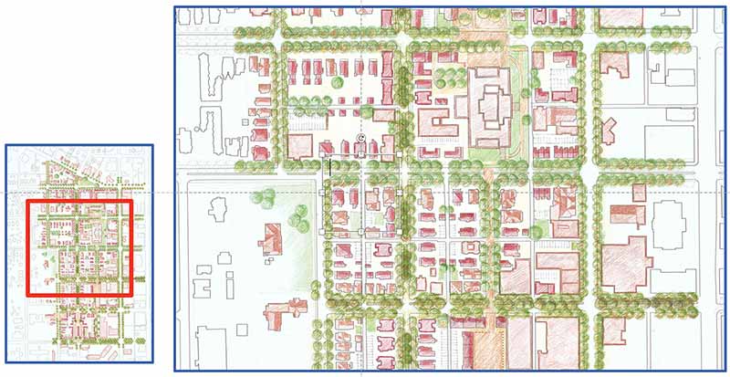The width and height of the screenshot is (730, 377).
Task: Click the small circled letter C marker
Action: pyautogui.click(x=360, y=137)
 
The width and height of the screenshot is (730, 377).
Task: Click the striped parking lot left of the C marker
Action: pyautogui.click(x=310, y=120)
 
